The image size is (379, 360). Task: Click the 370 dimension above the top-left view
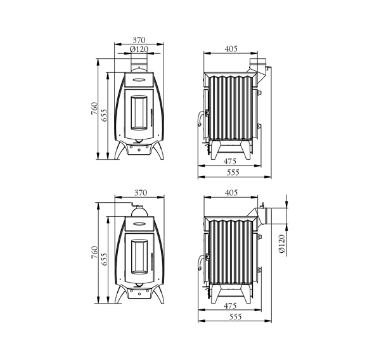[139, 40]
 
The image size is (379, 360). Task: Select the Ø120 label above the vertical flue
[139, 49]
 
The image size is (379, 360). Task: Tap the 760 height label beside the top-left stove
[94, 108]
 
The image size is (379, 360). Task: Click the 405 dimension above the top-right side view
[231, 49]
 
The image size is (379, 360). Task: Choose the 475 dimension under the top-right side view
[229, 161]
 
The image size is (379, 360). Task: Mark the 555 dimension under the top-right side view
[233, 172]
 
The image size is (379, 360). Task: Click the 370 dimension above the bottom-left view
[141, 193]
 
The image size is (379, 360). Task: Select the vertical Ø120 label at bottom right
[282, 243]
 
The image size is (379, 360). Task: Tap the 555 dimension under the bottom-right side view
[235, 316]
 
